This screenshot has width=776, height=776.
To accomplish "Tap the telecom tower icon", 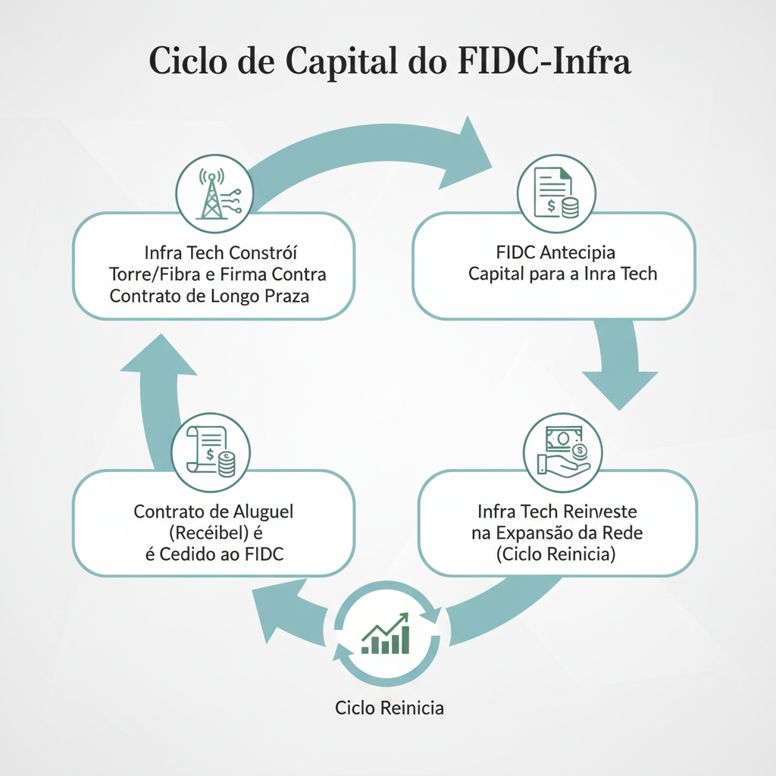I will [214, 194].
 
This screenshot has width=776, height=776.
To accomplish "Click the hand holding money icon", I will [562, 452].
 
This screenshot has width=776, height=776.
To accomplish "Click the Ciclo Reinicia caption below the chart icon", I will [390, 709].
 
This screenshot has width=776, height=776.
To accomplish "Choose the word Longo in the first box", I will [243, 295].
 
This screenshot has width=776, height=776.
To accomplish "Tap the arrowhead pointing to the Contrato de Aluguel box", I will [280, 606].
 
